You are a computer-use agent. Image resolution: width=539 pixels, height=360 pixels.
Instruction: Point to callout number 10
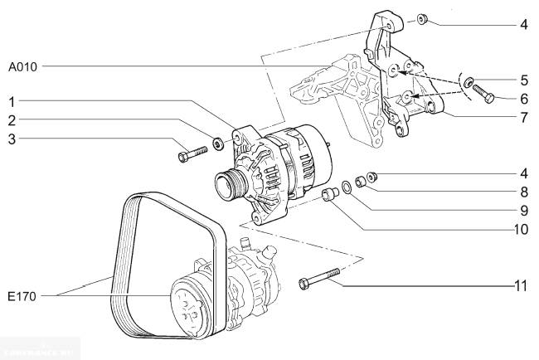click(521, 228)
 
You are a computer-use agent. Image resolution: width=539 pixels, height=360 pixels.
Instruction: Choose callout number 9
click(523, 210)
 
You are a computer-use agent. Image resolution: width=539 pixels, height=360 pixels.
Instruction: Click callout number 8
click(523, 192)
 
